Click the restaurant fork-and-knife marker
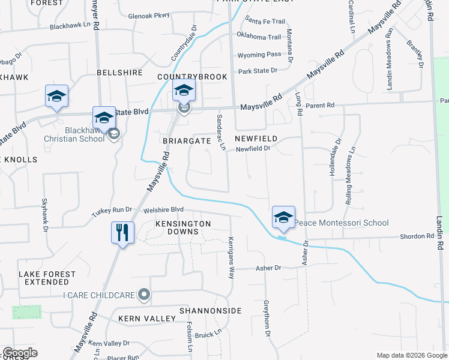point(122,232)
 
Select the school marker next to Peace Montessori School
point(283,218)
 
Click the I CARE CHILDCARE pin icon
point(143,295)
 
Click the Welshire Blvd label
point(163,210)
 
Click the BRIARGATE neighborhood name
point(187,140)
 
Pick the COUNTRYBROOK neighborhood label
point(192,77)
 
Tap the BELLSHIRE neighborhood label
point(119,73)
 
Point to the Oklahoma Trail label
point(259,37)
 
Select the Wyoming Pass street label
point(259,54)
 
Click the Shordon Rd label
point(417,236)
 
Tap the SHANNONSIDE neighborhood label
point(210,311)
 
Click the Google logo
point(20,353)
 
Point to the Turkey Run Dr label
point(111,210)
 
